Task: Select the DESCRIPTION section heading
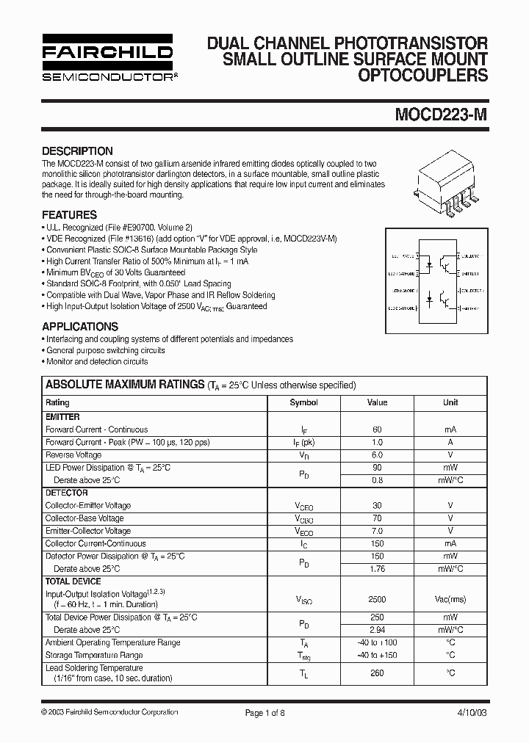pyautogui.click(x=77, y=151)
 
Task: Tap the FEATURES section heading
pyautogui.click(x=69, y=215)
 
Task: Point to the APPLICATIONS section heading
pyautogui.click(x=80, y=326)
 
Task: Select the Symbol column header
pyautogui.click(x=303, y=402)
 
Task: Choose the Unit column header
pyautogui.click(x=450, y=402)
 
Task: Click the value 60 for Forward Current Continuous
pyautogui.click(x=377, y=430)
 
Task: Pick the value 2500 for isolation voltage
pyautogui.click(x=377, y=599)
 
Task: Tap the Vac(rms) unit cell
pyautogui.click(x=450, y=599)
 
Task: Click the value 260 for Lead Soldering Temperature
pyautogui.click(x=377, y=673)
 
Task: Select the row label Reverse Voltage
pyautogui.click(x=73, y=455)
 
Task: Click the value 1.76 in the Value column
pyautogui.click(x=377, y=568)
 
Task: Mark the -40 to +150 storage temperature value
pyautogui.click(x=377, y=655)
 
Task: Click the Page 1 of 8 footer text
pyautogui.click(x=264, y=712)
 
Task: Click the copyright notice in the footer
pyautogui.click(x=109, y=712)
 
